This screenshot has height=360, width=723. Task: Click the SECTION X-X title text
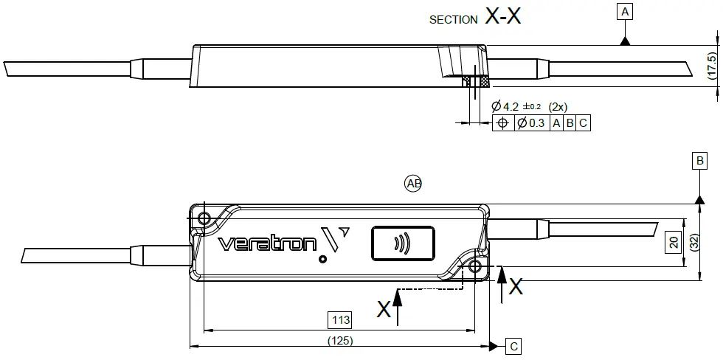(475, 18)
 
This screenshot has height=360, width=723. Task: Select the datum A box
(625, 12)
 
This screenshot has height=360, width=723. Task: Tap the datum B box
(700, 161)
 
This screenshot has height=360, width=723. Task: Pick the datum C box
(513, 346)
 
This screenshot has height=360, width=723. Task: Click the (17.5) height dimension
(713, 66)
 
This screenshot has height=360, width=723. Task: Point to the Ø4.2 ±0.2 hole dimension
(517, 106)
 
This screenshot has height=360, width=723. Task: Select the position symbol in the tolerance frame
(503, 123)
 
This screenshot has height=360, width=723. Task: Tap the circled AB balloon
(413, 184)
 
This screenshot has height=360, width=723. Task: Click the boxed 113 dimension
(340, 319)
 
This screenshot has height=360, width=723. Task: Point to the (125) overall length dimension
(340, 341)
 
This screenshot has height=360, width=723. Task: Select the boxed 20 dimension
(674, 243)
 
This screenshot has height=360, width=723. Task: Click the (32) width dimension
(694, 243)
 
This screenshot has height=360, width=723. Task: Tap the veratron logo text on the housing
(267, 244)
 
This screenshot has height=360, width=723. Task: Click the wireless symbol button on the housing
(403, 243)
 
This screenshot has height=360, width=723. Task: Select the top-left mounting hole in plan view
(204, 218)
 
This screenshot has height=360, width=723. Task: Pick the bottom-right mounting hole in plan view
(474, 266)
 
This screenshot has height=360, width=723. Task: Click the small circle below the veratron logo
(323, 259)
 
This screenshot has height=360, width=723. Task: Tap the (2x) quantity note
(558, 107)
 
